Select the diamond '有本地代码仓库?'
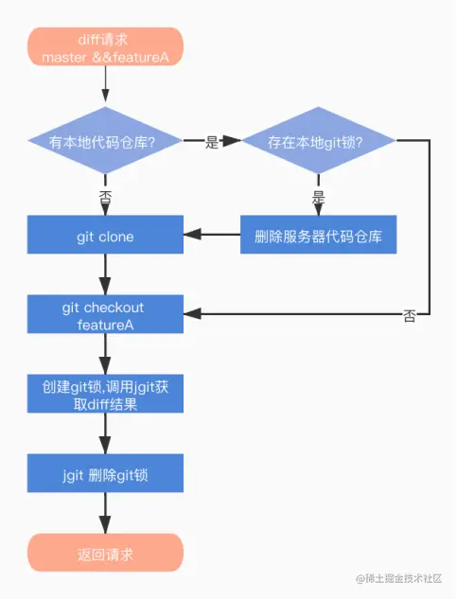coord(103,142)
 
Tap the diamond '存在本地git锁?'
coord(318,142)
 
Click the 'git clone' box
coord(104,236)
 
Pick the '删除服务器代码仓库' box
coord(318,236)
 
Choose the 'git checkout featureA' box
coord(104,316)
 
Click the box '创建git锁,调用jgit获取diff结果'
coord(104,395)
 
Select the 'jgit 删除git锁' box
coord(104,472)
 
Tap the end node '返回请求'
coord(104,553)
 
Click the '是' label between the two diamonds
coord(212,143)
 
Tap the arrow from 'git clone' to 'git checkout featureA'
coord(104,275)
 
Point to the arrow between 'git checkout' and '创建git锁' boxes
coord(104,356)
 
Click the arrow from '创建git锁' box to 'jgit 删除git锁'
coord(104,434)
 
